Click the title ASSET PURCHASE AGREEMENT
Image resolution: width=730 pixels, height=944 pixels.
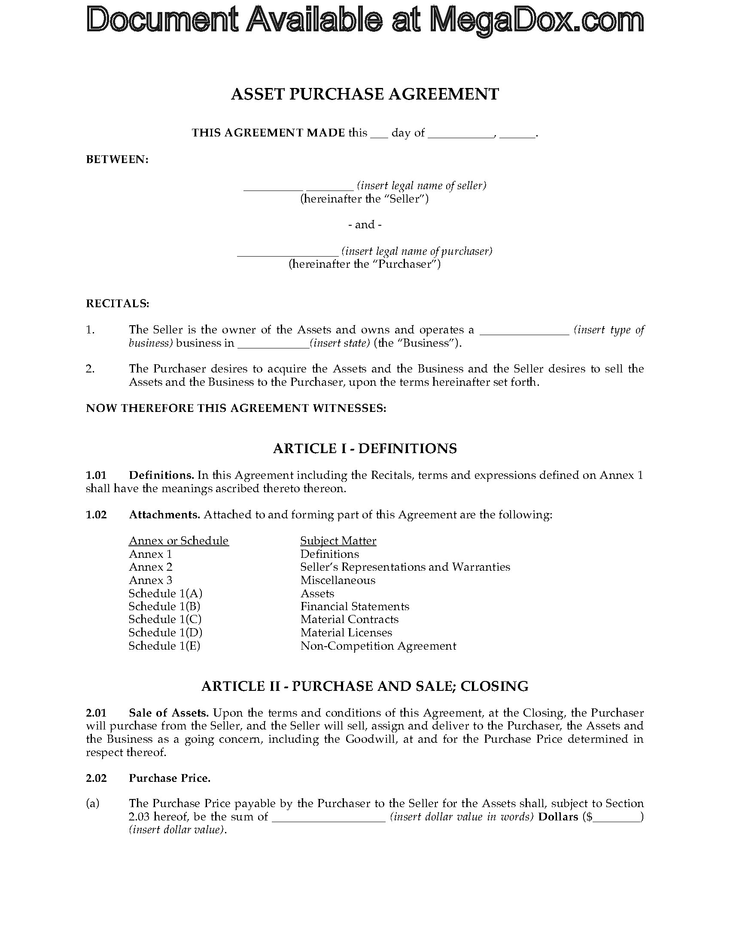point(365,94)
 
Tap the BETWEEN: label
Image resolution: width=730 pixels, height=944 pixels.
point(117,160)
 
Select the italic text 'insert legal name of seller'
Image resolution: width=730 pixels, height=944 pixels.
point(422,186)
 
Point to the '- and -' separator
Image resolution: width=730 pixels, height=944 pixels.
point(365,224)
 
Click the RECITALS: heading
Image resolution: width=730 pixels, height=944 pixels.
point(118,303)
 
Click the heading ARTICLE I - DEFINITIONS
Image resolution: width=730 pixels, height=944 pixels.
point(365,449)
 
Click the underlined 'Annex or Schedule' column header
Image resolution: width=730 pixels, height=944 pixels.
point(179,541)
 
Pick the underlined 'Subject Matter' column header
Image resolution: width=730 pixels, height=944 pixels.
point(338,541)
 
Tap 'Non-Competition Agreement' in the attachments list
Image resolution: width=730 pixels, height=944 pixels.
point(378,646)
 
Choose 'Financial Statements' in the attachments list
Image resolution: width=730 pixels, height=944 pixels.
point(355,606)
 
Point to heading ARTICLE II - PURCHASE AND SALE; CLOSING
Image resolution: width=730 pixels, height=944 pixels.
point(365,687)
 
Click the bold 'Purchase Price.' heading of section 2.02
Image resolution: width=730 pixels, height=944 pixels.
point(170,778)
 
